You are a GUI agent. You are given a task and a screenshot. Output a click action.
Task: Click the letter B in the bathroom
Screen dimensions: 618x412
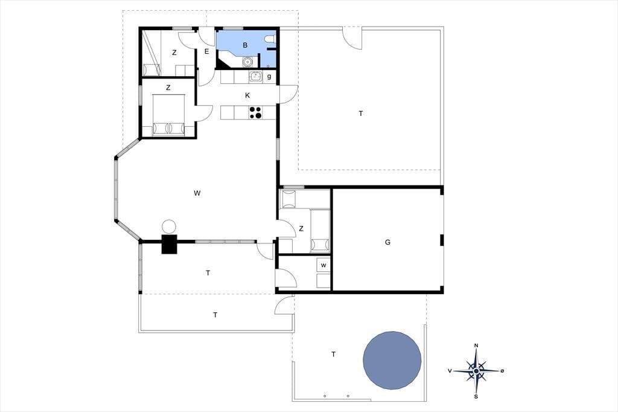(245, 45)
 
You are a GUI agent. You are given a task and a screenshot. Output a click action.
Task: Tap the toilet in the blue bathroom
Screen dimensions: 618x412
(270, 38)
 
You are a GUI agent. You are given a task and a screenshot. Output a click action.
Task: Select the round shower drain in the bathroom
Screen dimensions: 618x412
(247, 62)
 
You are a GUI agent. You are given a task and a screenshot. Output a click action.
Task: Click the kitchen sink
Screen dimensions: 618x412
(256, 77)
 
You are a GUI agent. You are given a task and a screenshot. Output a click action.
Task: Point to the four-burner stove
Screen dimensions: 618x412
(255, 112)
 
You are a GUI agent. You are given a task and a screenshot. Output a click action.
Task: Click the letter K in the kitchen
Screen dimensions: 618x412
(247, 95)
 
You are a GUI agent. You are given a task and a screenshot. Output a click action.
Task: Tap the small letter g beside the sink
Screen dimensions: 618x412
(269, 77)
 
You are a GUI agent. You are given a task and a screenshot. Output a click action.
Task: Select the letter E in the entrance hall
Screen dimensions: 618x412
(206, 51)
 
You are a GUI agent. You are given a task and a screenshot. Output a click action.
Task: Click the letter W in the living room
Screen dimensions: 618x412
(197, 193)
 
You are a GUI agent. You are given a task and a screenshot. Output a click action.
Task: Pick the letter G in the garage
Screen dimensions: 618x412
(387, 242)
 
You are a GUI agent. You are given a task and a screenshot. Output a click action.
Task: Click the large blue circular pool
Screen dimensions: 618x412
(392, 360)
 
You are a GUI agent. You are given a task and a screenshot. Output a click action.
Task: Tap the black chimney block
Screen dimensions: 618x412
(170, 244)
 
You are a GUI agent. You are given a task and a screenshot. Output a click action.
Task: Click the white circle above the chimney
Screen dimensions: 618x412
(169, 227)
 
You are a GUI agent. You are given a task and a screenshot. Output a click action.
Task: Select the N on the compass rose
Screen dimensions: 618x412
(476, 346)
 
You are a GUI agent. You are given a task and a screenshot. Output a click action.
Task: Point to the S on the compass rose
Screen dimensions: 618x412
(476, 397)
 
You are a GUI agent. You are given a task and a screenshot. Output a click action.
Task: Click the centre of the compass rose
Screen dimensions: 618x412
(476, 371)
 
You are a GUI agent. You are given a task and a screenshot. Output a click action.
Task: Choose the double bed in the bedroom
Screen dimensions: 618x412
(169, 114)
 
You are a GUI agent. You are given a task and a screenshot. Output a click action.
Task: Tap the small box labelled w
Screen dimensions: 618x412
(323, 265)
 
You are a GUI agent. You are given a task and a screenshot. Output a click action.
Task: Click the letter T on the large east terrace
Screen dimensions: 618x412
(361, 114)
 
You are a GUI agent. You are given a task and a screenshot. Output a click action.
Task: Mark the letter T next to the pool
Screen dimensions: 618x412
(333, 355)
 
